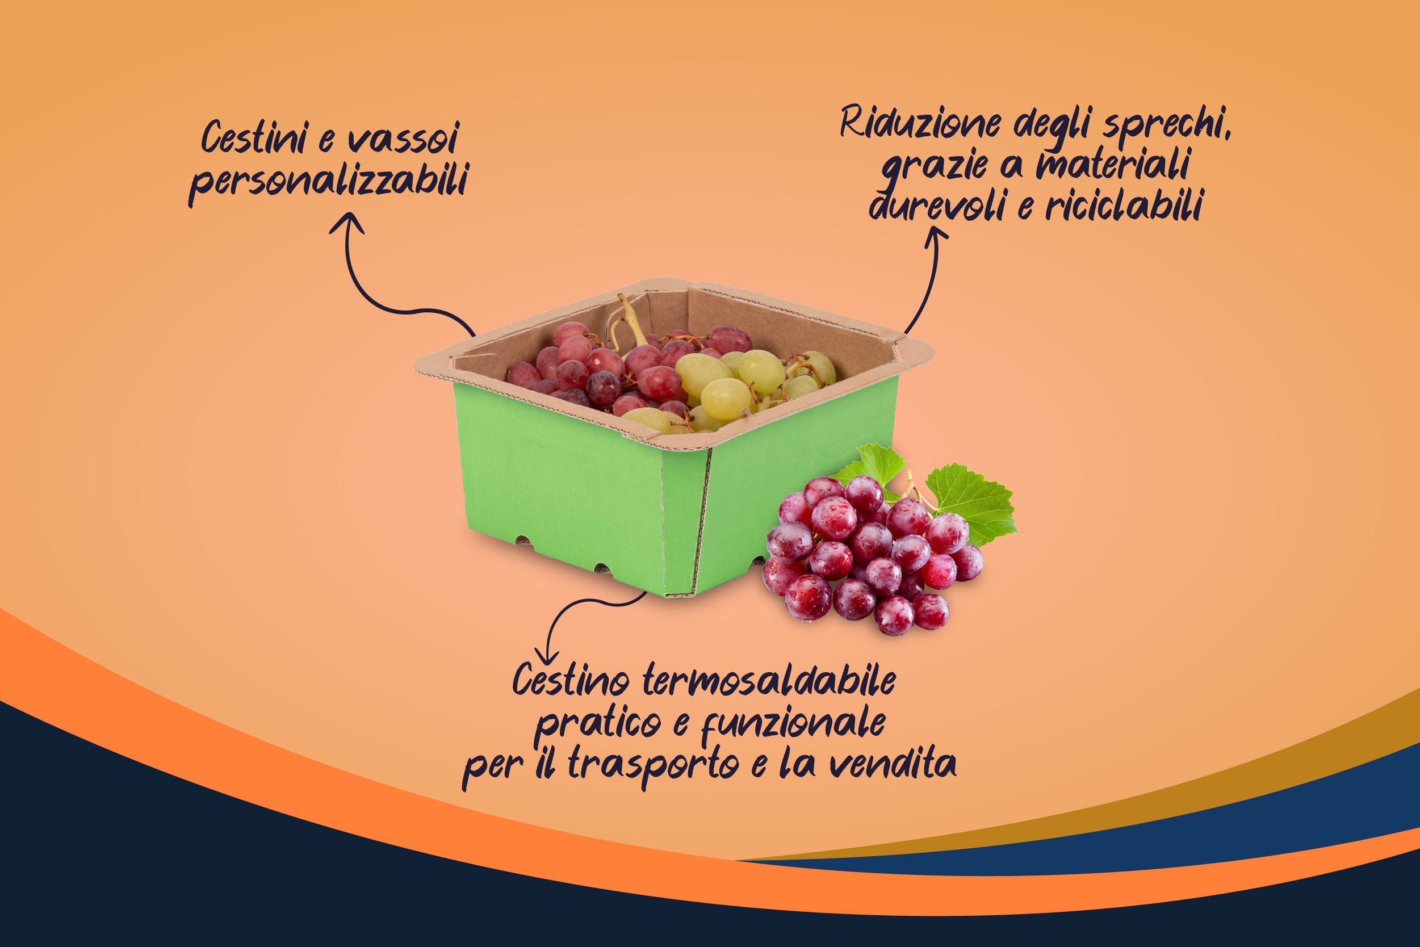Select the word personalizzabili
[328, 182]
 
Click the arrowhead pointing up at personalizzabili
[346, 225]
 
